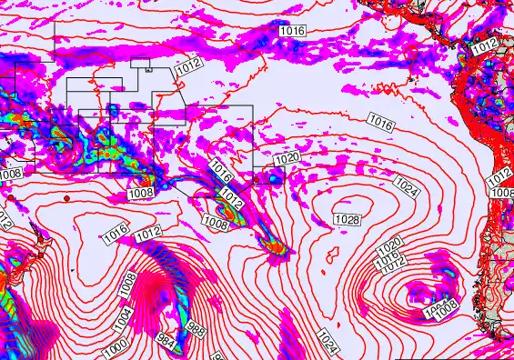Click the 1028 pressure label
pos(347,220)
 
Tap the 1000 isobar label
pos(115,346)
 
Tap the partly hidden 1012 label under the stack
pos(394,266)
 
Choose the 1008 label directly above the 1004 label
pos(129,282)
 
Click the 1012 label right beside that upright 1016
pos(148,235)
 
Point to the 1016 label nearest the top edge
pos(292,31)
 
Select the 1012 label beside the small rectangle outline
pos(188,65)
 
